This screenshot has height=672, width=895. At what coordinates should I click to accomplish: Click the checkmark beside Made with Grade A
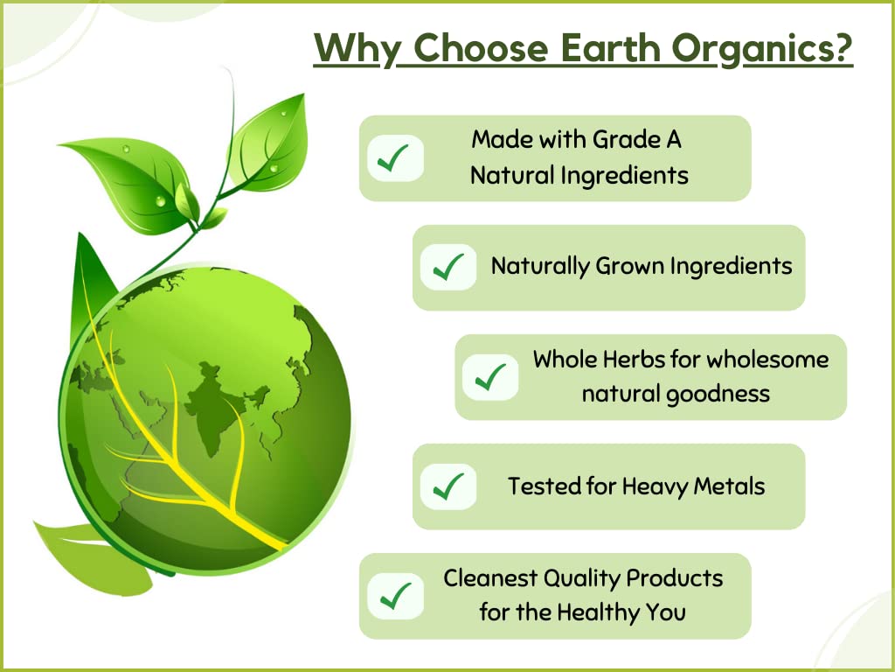(x=395, y=158)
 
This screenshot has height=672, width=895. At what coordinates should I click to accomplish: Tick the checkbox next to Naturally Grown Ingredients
(x=448, y=267)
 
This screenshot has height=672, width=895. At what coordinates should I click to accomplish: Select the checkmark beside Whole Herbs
(x=490, y=376)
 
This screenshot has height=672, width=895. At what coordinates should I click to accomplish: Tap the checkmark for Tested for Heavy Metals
(x=448, y=486)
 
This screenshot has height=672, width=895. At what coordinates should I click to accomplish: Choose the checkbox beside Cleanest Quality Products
(x=395, y=596)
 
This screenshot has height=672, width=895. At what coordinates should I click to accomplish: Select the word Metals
(x=729, y=486)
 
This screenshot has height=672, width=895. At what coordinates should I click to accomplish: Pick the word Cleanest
(x=490, y=578)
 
